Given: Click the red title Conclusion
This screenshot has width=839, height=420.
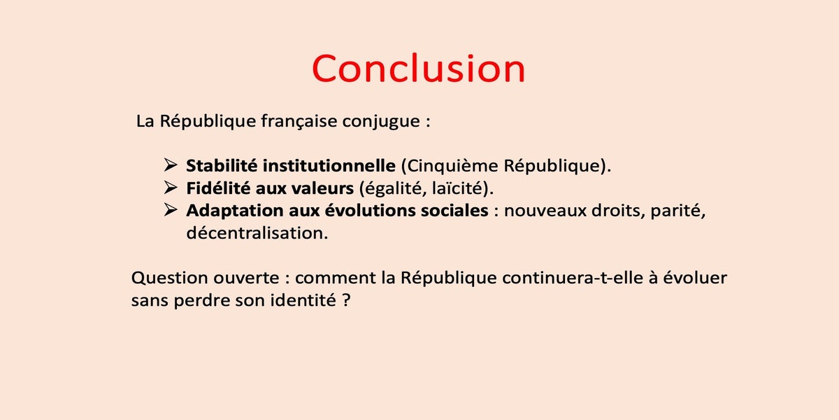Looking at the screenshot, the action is tap(418, 69).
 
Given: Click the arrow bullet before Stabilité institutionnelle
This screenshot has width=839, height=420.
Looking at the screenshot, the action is tap(171, 165).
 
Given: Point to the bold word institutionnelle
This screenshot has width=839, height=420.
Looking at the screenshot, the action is tap(329, 166).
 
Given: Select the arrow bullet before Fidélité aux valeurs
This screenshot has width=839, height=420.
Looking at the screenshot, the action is tap(171, 188).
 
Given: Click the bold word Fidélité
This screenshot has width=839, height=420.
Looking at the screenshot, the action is tap(218, 188).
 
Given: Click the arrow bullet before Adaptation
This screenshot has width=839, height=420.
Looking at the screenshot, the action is tap(171, 210).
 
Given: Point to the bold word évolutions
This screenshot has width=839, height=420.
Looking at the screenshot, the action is tap(370, 211).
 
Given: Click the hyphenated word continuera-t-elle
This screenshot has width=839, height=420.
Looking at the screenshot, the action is tap(573, 278).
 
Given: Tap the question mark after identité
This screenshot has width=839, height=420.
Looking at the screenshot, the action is tap(346, 300).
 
